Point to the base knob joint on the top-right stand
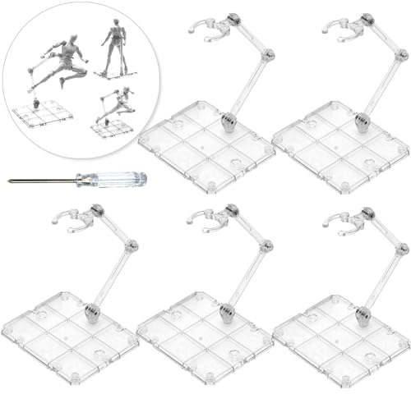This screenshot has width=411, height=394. point(362,124)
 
